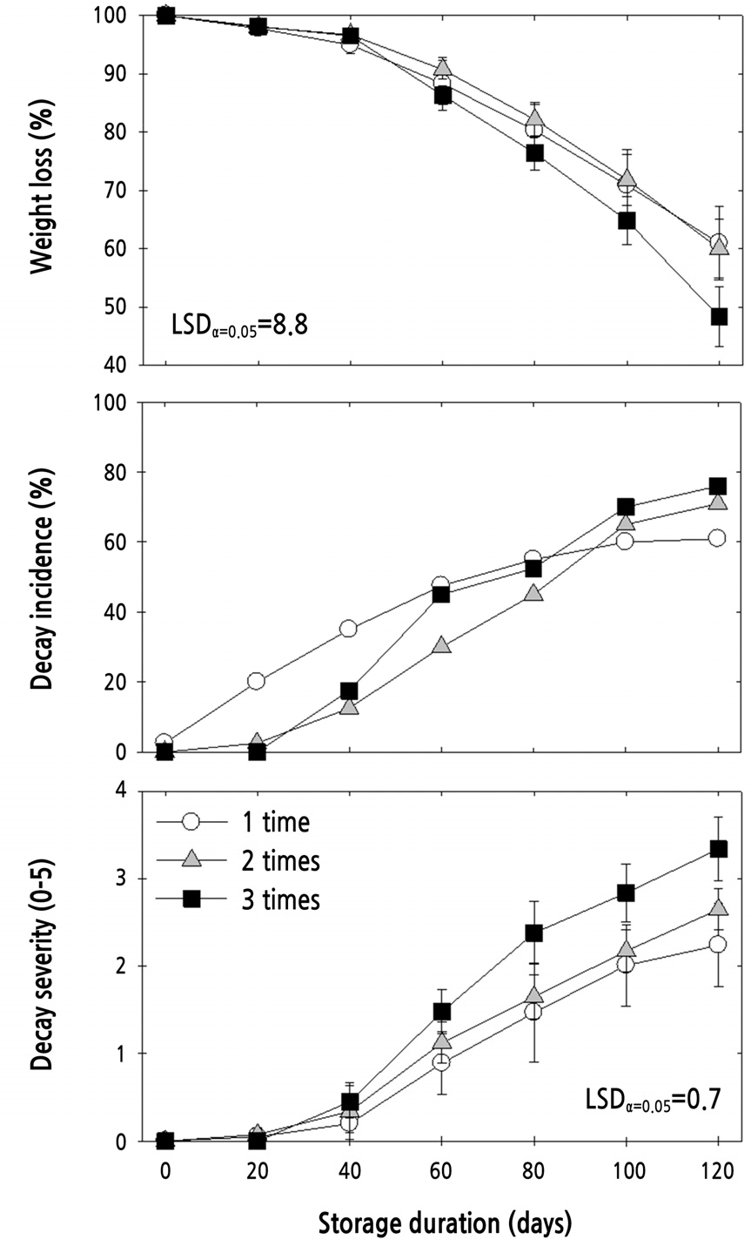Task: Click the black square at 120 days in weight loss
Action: coord(718,316)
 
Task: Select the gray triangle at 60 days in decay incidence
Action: coord(441,646)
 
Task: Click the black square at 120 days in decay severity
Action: coord(718,848)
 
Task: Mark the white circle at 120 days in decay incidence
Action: coord(718,538)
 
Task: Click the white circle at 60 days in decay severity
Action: coord(441,1061)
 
